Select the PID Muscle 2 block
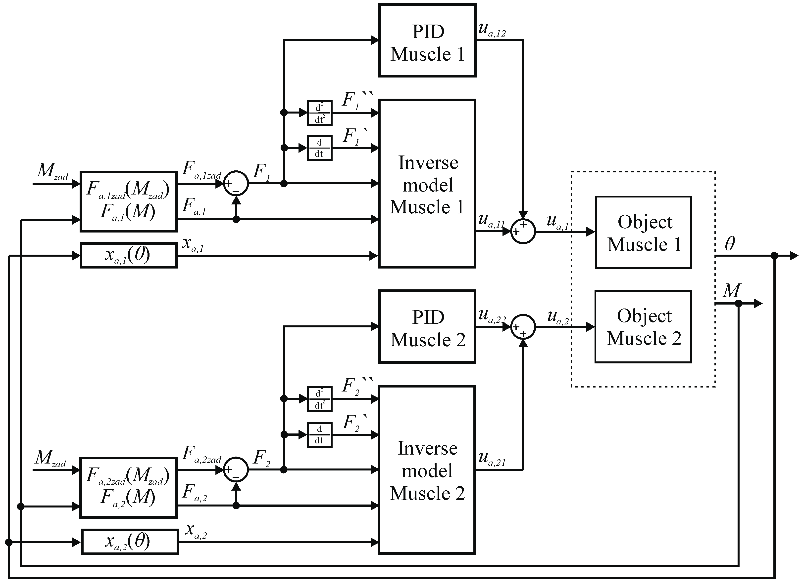(427, 327)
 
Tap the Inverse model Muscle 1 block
(427, 184)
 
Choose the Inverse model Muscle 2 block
(427, 470)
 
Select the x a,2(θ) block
(130, 542)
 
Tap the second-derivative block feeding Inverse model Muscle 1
(319, 113)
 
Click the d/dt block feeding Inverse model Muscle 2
(319, 434)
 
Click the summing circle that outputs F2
(236, 469)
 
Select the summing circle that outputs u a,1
(523, 231)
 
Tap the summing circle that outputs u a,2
(523, 327)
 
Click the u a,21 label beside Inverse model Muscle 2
(492, 459)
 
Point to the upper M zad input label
(52, 171)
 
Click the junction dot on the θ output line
(774, 256)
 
